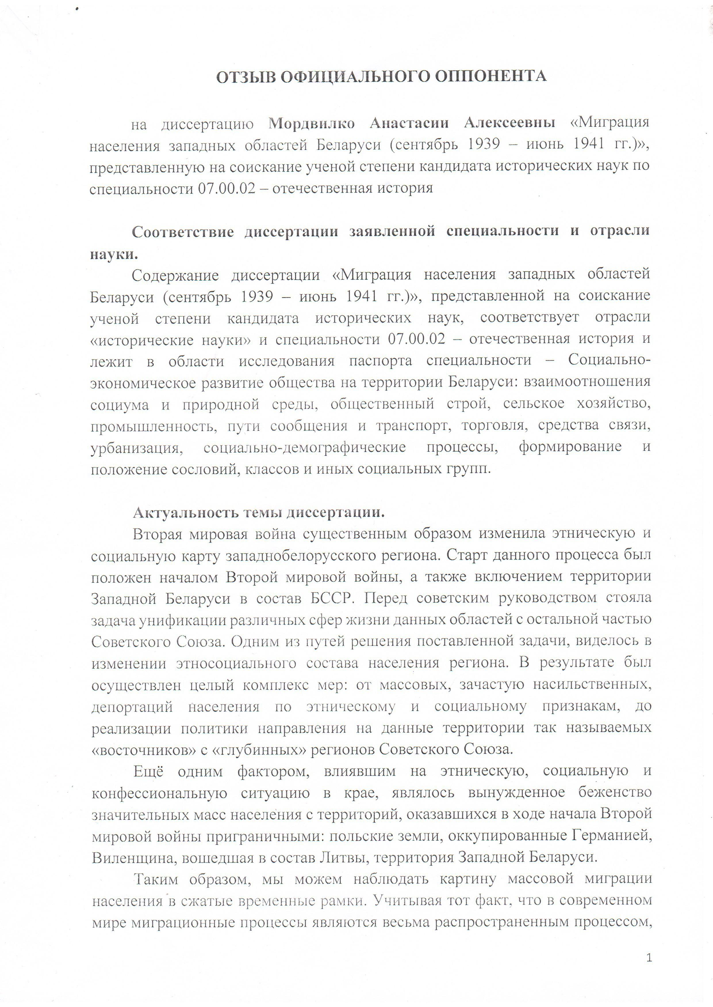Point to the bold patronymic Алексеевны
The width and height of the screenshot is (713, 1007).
coord(509,123)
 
